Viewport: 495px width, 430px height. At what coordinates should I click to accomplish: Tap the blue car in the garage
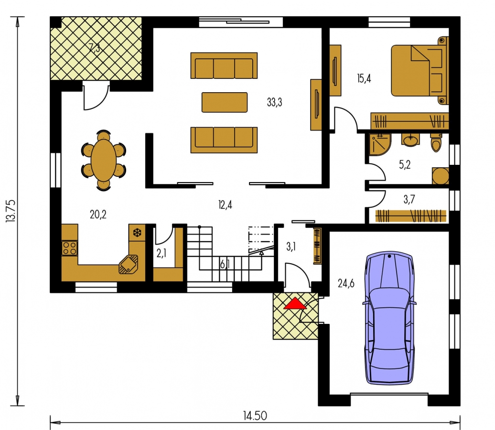389,318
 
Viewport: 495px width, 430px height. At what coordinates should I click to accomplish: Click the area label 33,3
274,102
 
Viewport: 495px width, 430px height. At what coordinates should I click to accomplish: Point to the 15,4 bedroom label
364,78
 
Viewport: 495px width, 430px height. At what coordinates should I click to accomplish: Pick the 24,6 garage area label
346,283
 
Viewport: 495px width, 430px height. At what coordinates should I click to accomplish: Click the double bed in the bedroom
420,70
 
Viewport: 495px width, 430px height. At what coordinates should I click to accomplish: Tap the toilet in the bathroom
436,143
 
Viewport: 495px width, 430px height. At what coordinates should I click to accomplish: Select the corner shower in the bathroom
380,145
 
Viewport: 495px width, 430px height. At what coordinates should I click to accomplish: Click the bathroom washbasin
410,140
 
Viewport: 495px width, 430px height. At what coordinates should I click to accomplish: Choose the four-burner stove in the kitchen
69,248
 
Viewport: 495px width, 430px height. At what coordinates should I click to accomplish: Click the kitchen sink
129,264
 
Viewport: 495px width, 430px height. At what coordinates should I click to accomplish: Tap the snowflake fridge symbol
137,233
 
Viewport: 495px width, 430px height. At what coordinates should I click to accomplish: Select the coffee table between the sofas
225,102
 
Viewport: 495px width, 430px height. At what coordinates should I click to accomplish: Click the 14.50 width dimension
255,416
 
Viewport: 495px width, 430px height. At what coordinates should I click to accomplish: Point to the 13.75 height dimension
11,211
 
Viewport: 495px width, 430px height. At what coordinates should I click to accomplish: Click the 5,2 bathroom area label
405,164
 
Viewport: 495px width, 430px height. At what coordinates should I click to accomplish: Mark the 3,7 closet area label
409,199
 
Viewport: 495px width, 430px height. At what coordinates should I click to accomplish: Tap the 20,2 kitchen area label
98,215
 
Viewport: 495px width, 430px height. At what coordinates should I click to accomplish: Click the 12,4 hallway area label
225,205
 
